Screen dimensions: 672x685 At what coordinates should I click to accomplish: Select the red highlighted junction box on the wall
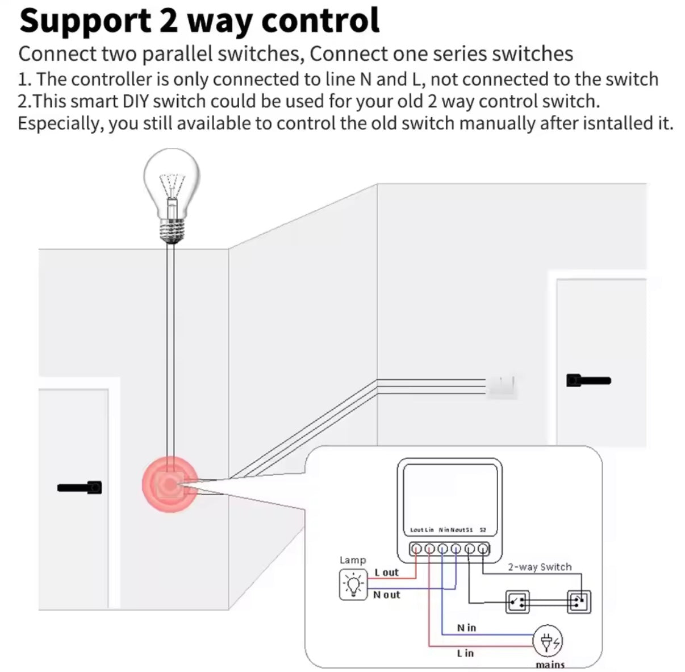169,484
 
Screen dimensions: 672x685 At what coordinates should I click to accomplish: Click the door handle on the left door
80,487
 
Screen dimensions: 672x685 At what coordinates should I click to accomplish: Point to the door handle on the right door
588,380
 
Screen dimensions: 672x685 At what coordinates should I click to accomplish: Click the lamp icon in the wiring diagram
353,584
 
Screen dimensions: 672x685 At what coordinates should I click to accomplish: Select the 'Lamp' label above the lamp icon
353,560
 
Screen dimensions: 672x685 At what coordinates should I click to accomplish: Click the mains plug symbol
549,641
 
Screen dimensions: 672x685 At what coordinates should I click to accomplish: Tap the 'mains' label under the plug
550,664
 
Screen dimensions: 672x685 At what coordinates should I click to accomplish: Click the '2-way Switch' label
540,567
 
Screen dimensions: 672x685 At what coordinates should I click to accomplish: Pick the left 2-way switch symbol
517,602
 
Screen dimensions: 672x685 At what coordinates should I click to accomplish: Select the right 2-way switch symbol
579,602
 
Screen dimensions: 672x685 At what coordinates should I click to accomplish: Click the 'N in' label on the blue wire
466,628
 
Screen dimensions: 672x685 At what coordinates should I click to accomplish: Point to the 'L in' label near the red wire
465,653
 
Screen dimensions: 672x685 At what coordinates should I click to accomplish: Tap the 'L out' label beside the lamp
386,573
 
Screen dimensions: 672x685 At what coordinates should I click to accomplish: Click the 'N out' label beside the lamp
386,595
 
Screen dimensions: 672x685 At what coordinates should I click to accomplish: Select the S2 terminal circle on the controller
483,549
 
